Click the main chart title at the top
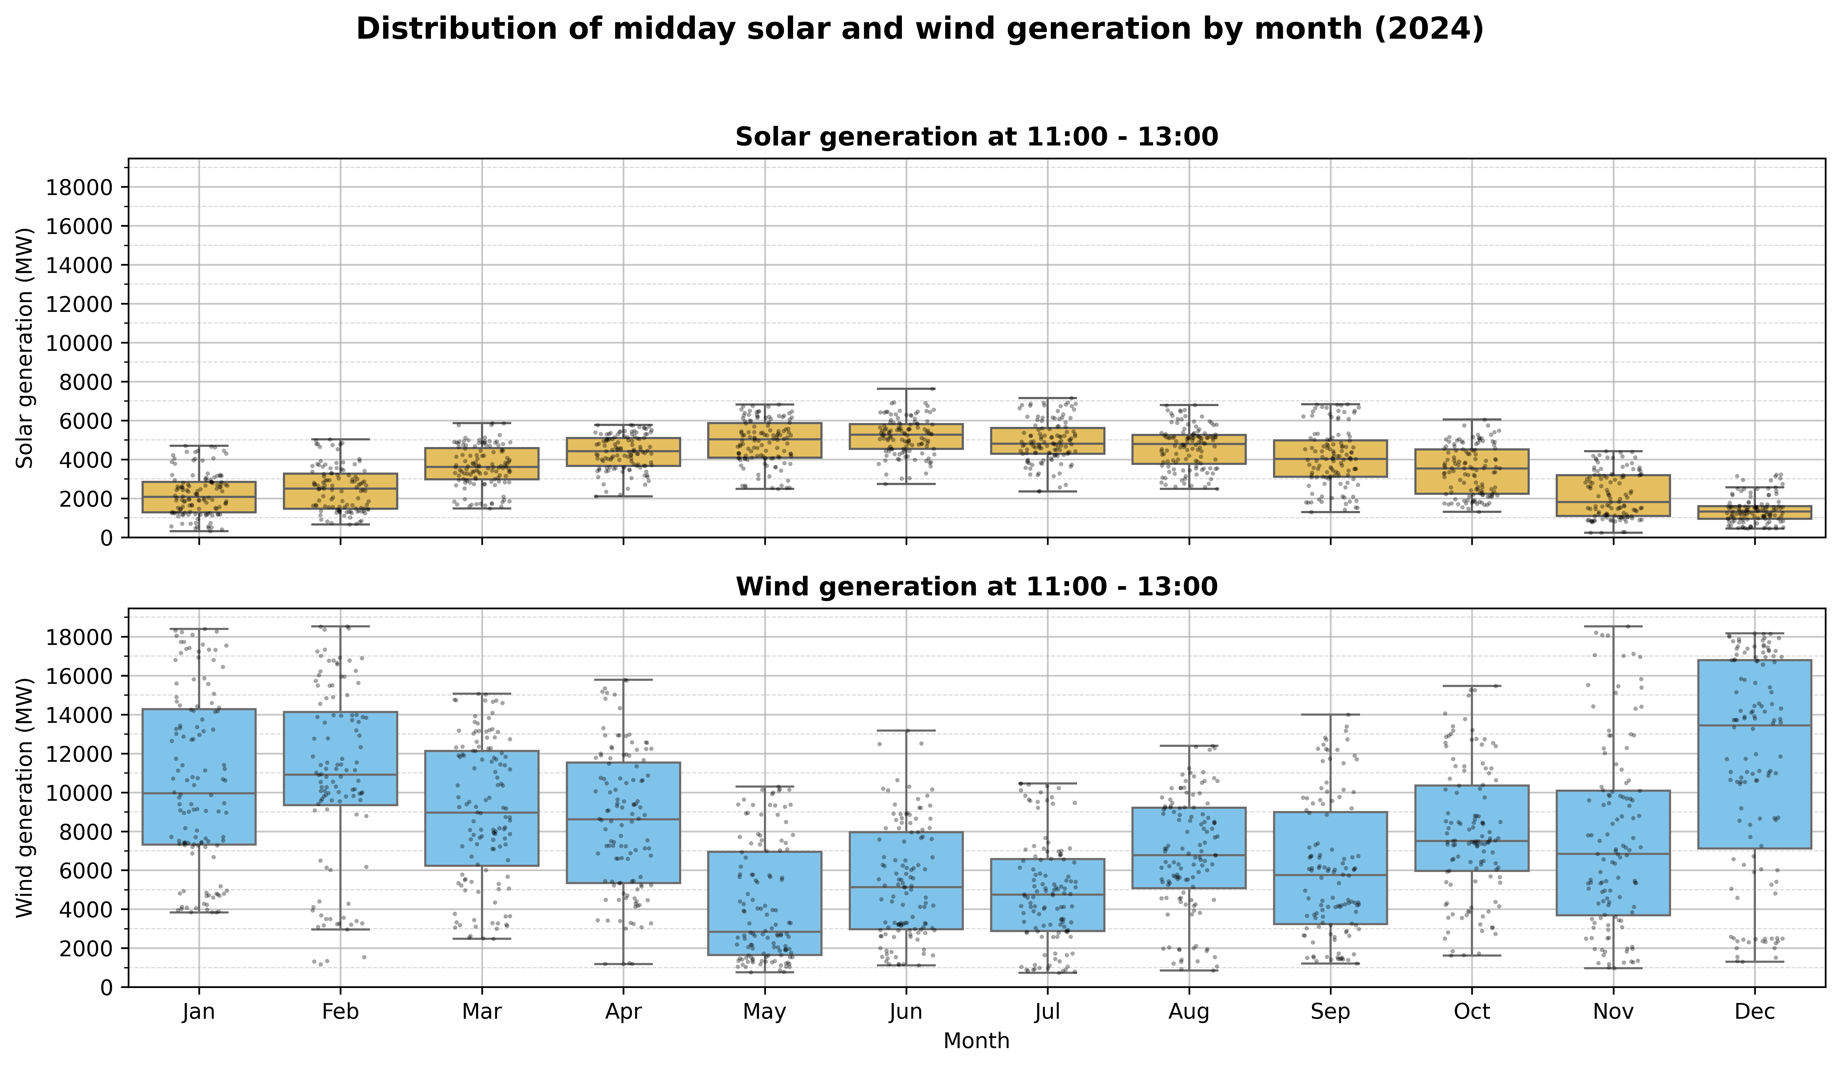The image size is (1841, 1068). point(920,29)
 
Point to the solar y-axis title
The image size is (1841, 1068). point(26,348)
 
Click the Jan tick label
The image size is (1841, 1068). point(199,1012)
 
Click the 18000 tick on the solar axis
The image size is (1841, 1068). point(80,188)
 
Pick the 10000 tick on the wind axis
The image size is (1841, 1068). point(80,792)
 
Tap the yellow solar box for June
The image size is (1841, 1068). point(906,436)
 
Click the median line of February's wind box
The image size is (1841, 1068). point(340,774)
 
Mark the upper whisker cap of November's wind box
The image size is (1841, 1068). point(1613,626)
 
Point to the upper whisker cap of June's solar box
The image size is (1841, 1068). point(906,389)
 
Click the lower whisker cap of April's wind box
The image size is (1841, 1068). point(623,964)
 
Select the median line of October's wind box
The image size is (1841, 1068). point(1471,841)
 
